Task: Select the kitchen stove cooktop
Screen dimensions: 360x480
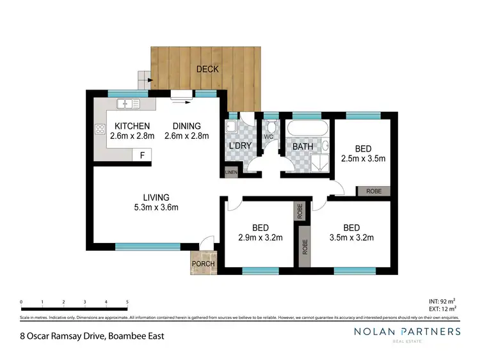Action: click(x=100, y=130)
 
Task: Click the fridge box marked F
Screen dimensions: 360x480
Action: click(x=141, y=155)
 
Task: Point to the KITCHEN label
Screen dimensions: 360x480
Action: click(x=132, y=126)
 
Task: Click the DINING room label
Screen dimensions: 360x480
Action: click(x=182, y=126)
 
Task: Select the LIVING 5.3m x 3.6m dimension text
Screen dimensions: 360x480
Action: click(x=156, y=207)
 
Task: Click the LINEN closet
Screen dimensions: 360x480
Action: click(x=229, y=172)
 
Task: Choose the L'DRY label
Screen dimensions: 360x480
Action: click(x=240, y=146)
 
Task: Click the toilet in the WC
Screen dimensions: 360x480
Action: click(x=271, y=125)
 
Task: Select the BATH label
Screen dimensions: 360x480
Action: click(x=302, y=146)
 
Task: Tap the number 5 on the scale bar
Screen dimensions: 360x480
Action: click(x=127, y=301)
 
